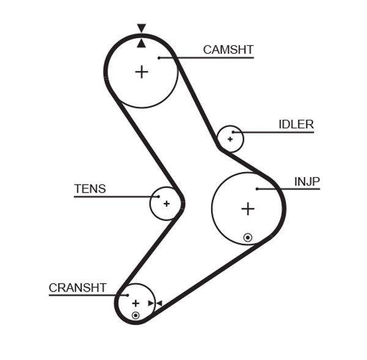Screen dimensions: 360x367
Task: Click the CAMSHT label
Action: [x=228, y=50]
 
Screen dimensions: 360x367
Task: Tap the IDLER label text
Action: [x=296, y=125]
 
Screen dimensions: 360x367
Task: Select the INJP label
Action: [x=307, y=182]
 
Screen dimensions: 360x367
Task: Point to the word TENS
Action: [x=90, y=189]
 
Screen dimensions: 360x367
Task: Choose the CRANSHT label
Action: [x=78, y=287]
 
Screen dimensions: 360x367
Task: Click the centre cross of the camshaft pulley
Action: [x=141, y=72]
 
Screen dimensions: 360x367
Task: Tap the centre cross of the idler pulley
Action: [x=230, y=139]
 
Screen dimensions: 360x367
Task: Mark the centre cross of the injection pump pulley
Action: [x=247, y=209]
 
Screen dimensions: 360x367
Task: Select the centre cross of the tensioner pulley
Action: [x=166, y=203]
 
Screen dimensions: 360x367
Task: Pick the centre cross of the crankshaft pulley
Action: [x=136, y=303]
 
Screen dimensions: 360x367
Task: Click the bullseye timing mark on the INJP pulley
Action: [x=248, y=237]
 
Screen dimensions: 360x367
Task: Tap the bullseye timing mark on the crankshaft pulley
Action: [x=135, y=315]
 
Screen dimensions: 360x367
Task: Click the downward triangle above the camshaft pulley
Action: [x=141, y=28]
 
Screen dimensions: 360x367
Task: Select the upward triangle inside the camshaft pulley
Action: [x=141, y=43]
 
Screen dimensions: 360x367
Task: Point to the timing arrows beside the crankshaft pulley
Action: [x=155, y=303]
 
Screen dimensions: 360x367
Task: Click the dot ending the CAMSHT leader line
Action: [x=158, y=58]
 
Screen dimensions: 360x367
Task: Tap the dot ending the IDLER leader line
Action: [x=234, y=132]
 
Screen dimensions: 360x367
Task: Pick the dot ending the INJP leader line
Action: [x=258, y=189]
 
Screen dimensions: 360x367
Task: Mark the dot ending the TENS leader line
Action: [x=158, y=197]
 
